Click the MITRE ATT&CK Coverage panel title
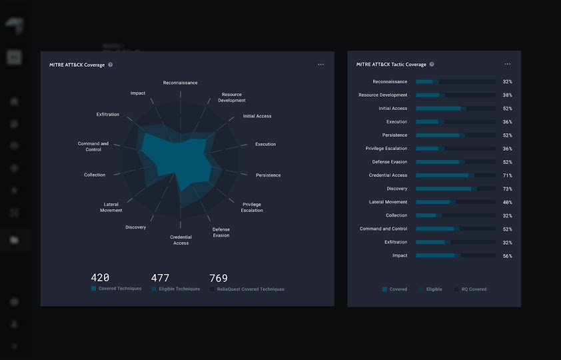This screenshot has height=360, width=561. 77,65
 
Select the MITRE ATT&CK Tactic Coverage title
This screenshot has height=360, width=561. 391,65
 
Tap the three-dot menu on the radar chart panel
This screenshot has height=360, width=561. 320,65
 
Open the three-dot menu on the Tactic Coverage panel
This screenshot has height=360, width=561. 508,65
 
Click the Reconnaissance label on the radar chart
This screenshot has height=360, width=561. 180,83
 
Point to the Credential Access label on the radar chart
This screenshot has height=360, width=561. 181,240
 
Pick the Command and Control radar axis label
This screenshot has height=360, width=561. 93,147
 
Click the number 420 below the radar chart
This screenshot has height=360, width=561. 100,278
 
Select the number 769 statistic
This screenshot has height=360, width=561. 219,278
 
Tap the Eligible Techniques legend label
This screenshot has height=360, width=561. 179,289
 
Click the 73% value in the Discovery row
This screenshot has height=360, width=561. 507,189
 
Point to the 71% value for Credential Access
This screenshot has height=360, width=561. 507,175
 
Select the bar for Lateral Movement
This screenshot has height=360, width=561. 455,202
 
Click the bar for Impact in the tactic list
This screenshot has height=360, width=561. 455,255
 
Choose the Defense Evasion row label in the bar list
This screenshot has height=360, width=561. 389,162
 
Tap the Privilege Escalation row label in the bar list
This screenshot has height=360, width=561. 386,149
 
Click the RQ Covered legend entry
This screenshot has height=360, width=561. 474,289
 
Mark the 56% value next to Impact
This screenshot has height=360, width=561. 507,255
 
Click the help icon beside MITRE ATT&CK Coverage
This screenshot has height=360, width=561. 111,65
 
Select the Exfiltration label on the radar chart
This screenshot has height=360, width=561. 108,115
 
